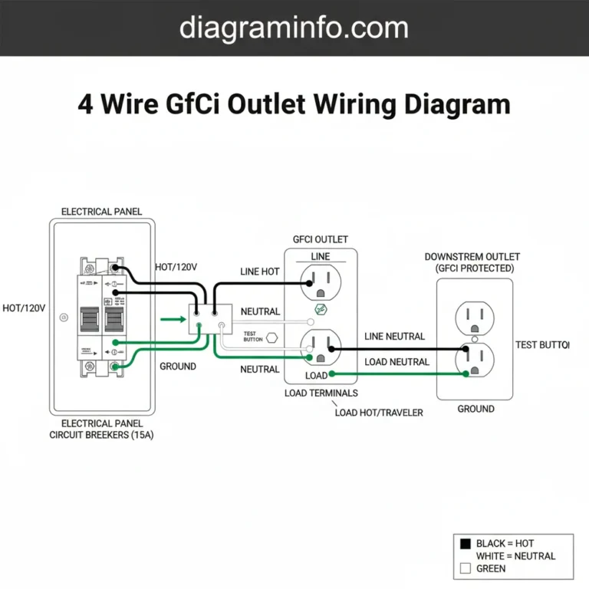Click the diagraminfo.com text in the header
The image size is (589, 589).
pyautogui.click(x=294, y=28)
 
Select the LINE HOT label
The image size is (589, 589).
pyautogui.click(x=260, y=272)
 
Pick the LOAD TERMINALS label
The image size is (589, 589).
pyautogui.click(x=321, y=393)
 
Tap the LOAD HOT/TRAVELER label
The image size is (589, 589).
pyautogui.click(x=379, y=412)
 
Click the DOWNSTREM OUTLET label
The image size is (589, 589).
pyautogui.click(x=472, y=256)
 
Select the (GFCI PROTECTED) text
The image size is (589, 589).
pyautogui.click(x=475, y=268)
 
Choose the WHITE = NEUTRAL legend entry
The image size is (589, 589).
pyautogui.click(x=515, y=556)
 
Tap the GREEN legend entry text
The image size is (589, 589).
pyautogui.click(x=491, y=568)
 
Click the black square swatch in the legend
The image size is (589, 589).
pyautogui.click(x=463, y=544)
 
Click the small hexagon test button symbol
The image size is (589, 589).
pyautogui.click(x=271, y=336)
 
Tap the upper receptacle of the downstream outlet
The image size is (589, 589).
pyautogui.click(x=475, y=317)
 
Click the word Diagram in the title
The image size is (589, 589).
pyautogui.click(x=460, y=104)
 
